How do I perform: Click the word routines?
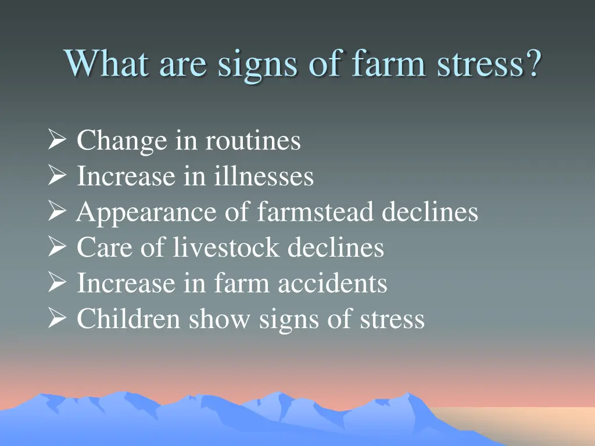coord(253,141)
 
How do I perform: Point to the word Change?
coord(121,141)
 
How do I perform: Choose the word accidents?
coord(332,283)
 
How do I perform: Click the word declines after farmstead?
coord(429,213)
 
